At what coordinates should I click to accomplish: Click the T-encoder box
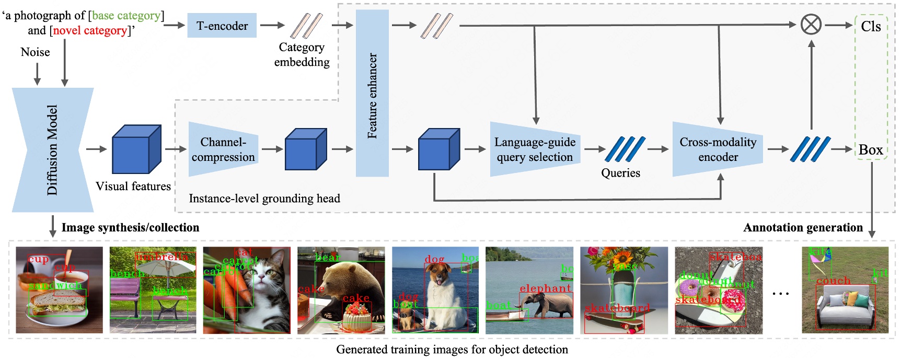[x=222, y=26]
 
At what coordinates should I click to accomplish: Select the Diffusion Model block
[x=52, y=150]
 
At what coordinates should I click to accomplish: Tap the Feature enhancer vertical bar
[x=372, y=94]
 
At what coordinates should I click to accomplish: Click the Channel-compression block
[x=223, y=149]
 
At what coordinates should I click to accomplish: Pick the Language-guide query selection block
[x=535, y=149]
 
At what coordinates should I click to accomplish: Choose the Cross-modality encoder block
[x=718, y=149]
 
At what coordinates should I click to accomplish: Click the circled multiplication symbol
[x=811, y=25]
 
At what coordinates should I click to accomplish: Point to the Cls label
[x=871, y=26]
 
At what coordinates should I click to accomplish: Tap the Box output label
[x=871, y=150]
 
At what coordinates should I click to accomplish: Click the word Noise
[x=35, y=52]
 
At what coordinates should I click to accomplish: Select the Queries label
[x=620, y=173]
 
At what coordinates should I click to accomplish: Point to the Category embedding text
[x=302, y=55]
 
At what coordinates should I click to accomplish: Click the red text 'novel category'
[x=90, y=30]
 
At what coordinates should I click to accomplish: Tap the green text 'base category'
[x=126, y=16]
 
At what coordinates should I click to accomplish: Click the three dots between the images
[x=781, y=294]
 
